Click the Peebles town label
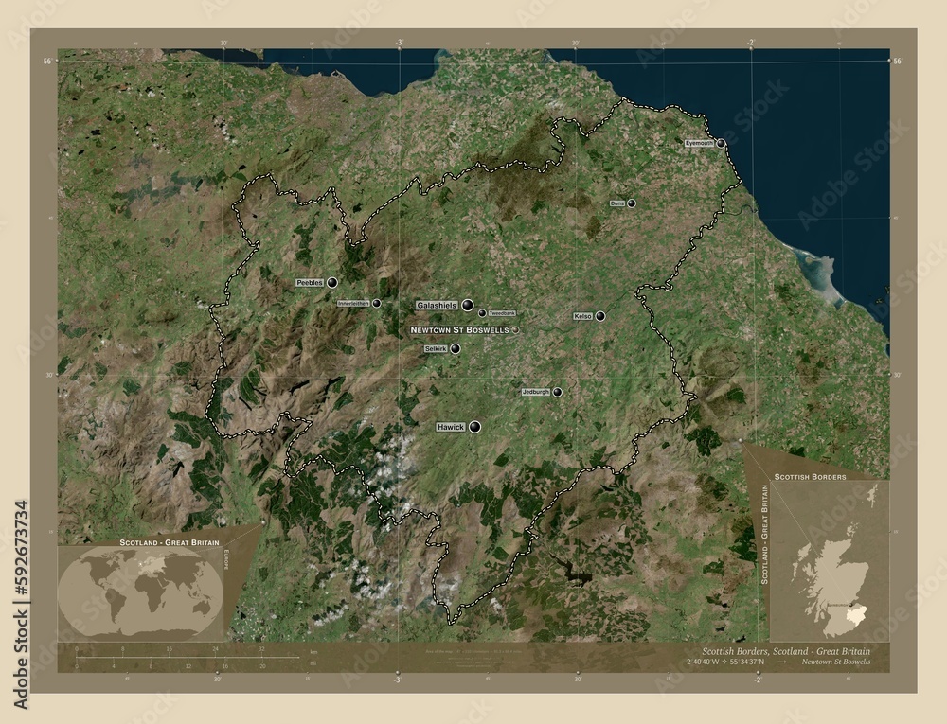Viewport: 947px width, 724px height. [x=310, y=282]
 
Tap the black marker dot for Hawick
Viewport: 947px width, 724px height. [x=475, y=428]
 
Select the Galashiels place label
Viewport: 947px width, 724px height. [x=437, y=305]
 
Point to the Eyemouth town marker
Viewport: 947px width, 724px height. [x=722, y=143]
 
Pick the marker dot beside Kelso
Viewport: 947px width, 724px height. [x=600, y=316]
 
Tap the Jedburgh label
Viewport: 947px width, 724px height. [x=535, y=392]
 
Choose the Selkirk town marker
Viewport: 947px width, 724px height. [x=456, y=348]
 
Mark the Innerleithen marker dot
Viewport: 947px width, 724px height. [x=377, y=303]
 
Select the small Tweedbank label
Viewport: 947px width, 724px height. [x=502, y=312]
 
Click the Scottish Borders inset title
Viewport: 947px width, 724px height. [x=810, y=475]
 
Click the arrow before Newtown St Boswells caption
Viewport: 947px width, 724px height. [x=782, y=662]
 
